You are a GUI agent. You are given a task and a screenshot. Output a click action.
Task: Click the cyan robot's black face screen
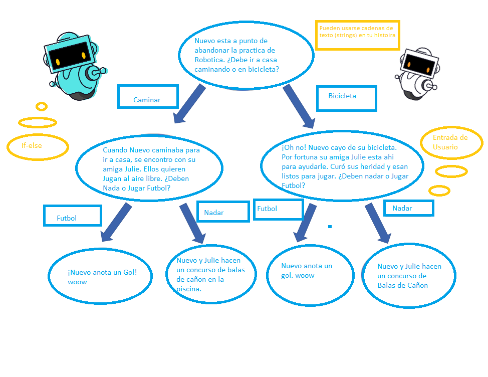point(69,55)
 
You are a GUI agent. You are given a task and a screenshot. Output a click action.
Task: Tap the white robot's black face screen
point(418,65)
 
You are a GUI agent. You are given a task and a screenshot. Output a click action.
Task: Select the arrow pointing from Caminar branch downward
point(189,104)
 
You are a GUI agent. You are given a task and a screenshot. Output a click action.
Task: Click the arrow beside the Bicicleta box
point(299,106)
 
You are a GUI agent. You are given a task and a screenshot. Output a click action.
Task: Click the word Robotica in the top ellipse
point(207,60)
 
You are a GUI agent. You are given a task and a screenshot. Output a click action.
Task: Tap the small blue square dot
point(330,227)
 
